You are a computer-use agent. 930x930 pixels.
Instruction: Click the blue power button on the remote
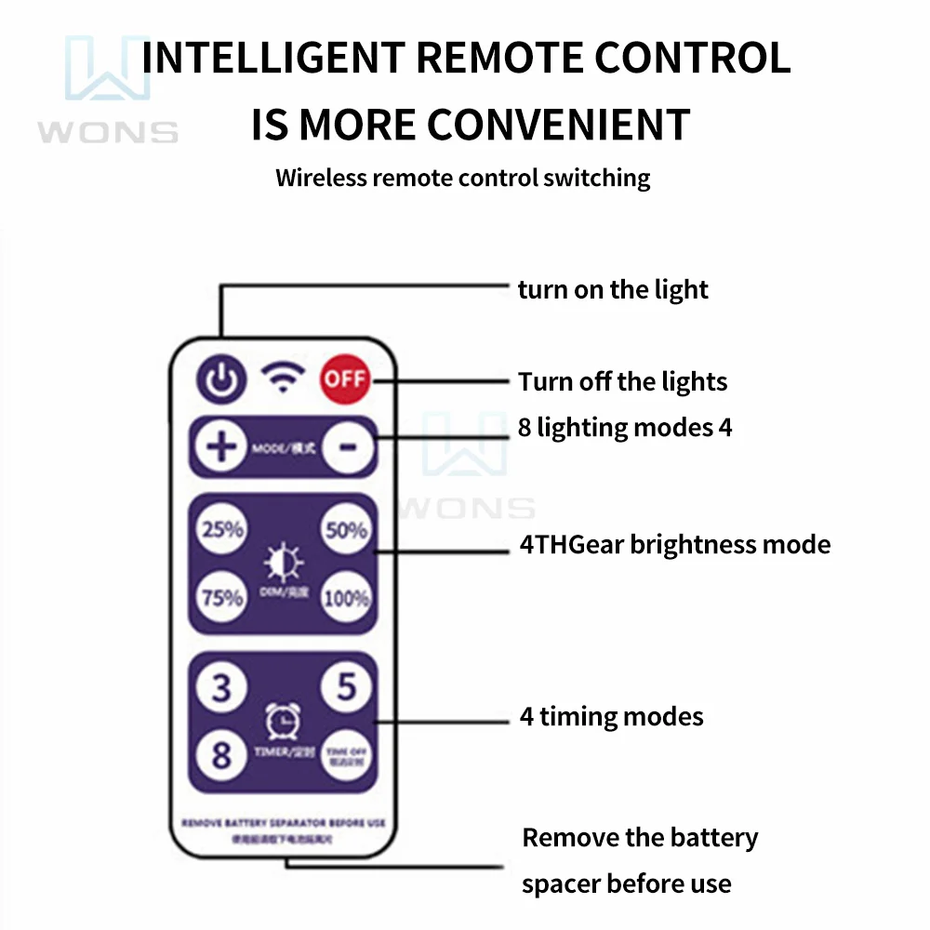coord(221,379)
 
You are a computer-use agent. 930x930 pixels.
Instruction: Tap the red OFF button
coord(345,379)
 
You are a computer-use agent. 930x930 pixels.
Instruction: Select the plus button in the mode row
coord(221,447)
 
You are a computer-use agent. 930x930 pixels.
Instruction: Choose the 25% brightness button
coord(222,530)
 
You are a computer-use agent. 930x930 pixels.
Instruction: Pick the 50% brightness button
coord(346,530)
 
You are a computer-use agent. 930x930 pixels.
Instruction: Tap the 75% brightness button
coord(222,598)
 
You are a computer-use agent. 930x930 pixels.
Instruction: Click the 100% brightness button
coord(346,598)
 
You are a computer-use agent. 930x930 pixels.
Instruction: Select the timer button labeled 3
coord(221,688)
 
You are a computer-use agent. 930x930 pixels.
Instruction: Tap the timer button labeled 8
coord(221,754)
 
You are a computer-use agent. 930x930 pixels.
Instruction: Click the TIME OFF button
coord(346,754)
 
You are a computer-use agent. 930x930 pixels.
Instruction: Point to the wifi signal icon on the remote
coord(283,377)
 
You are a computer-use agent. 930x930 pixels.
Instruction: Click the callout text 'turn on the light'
coord(613,289)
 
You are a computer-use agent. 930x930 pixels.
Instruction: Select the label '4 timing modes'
coord(611,717)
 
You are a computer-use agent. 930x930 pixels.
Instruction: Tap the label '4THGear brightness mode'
coord(674,544)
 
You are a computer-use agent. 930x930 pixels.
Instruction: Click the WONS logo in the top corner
coord(108,88)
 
